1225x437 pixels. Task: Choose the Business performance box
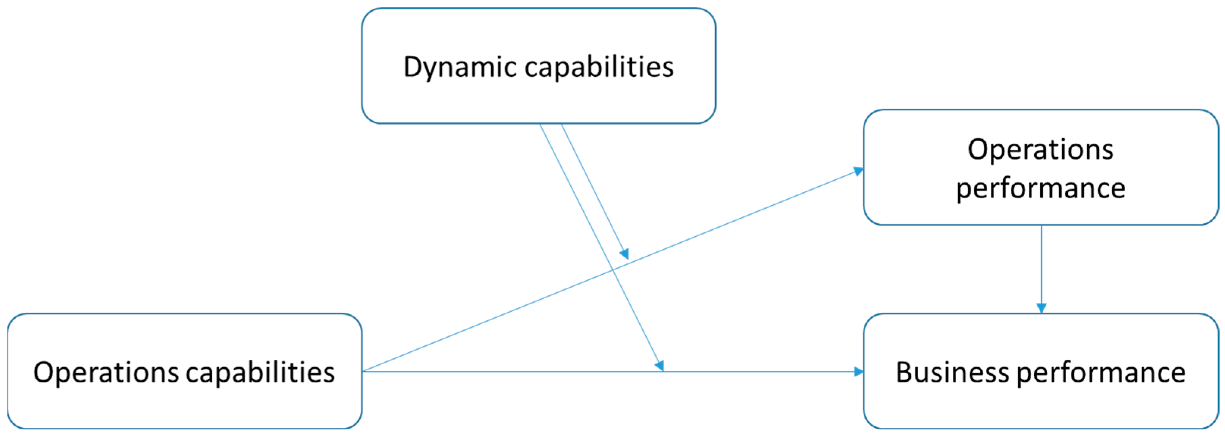pyautogui.click(x=1040, y=409)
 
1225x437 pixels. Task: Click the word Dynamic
pyautogui.click(x=460, y=67)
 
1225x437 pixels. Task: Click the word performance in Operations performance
pyautogui.click(x=1040, y=188)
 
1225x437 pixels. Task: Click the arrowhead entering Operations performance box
pyautogui.click(x=859, y=171)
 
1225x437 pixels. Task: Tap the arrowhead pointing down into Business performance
pyautogui.click(x=1041, y=308)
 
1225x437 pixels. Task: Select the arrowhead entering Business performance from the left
pyautogui.click(x=858, y=371)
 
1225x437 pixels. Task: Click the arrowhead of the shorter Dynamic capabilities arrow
pyautogui.click(x=624, y=254)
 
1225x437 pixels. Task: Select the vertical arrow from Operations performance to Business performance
pyautogui.click(x=1041, y=266)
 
